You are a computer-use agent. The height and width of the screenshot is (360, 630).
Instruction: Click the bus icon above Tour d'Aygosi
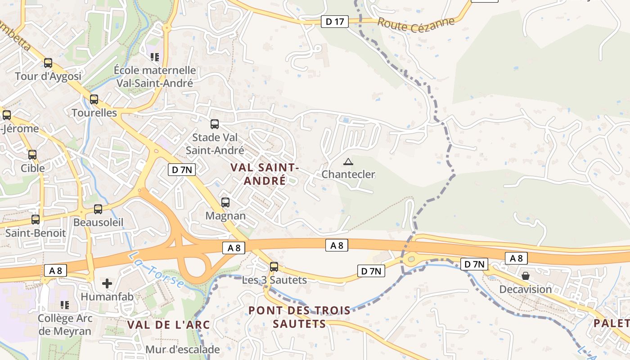tap(48, 63)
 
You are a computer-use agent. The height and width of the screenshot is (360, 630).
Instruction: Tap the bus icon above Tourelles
tap(94, 99)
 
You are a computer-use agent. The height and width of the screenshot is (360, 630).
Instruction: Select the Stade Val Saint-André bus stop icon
tap(215, 124)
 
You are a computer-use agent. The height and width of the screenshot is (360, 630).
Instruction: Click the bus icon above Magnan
tap(225, 202)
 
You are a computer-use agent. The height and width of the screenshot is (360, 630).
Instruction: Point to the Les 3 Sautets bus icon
tap(274, 267)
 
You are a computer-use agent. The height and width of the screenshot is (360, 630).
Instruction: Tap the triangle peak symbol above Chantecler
tap(348, 162)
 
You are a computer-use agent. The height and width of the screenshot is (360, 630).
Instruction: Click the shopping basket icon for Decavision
tap(525, 276)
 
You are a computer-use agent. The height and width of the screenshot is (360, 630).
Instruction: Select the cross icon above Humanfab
tap(107, 283)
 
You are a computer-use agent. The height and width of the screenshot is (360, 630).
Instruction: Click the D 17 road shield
tap(335, 21)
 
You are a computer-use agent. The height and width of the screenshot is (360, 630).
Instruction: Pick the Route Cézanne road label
tap(416, 24)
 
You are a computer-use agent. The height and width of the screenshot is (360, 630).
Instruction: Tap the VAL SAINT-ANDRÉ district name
tap(265, 174)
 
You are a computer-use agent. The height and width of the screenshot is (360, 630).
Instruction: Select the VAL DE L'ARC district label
tap(168, 324)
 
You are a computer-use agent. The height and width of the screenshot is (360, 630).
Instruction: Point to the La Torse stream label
tap(156, 270)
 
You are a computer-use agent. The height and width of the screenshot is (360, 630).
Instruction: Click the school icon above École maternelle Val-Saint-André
tap(155, 57)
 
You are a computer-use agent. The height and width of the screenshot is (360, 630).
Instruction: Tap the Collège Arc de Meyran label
tap(65, 324)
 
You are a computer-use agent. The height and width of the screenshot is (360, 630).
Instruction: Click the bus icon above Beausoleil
tap(98, 209)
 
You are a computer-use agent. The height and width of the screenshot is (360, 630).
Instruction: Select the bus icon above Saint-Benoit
tap(36, 220)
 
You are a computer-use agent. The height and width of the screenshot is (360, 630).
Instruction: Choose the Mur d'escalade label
tap(182, 349)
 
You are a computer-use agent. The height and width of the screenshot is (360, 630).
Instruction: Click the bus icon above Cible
tap(32, 155)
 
